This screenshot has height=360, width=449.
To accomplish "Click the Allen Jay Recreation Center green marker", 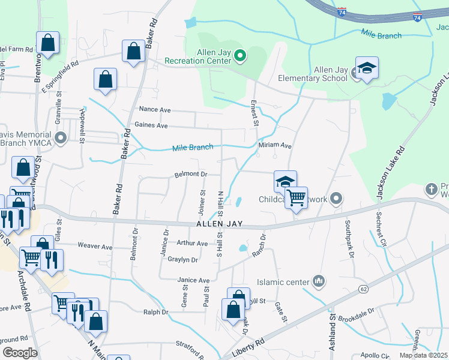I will (240, 57).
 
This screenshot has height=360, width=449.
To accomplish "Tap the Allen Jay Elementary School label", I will (313, 74).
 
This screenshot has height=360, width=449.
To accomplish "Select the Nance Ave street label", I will (155, 110).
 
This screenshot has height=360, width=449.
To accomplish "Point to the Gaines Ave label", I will (151, 125).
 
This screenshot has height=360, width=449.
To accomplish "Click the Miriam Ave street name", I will (275, 146).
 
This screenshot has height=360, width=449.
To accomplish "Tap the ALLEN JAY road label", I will (219, 224).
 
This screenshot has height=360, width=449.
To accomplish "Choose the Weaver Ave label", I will (95, 247).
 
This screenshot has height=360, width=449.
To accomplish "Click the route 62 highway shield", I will (364, 289).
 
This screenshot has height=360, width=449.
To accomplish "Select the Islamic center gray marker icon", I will (319, 281).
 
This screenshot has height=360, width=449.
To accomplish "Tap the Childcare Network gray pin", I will (336, 198).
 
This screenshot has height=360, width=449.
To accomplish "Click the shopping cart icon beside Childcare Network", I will (296, 197).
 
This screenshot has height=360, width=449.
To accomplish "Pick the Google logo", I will (19, 352).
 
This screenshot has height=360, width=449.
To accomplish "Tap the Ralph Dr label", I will (156, 312).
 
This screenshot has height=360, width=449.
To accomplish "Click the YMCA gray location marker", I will (60, 139).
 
